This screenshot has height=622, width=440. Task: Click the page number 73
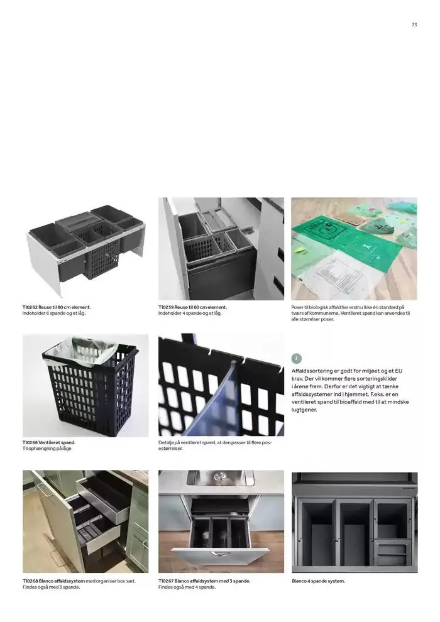pyautogui.click(x=414, y=25)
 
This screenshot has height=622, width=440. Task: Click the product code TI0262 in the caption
pyautogui.click(x=30, y=307)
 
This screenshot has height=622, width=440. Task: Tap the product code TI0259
pyautogui.click(x=166, y=307)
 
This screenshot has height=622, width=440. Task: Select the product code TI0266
pyautogui.click(x=30, y=442)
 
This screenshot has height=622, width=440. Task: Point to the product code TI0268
pyautogui.click(x=30, y=581)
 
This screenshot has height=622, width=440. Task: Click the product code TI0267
pyautogui.click(x=166, y=581)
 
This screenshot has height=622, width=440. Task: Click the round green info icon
pyautogui.click(x=297, y=359)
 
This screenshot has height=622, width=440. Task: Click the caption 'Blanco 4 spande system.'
pyautogui.click(x=318, y=581)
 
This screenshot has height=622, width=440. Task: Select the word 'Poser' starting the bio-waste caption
pyautogui.click(x=297, y=307)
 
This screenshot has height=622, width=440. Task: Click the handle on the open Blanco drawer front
pyautogui.click(x=221, y=554)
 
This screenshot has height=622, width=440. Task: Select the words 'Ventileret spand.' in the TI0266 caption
pyautogui.click(x=57, y=442)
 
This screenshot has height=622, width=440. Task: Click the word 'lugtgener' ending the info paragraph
pyautogui.click(x=304, y=410)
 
